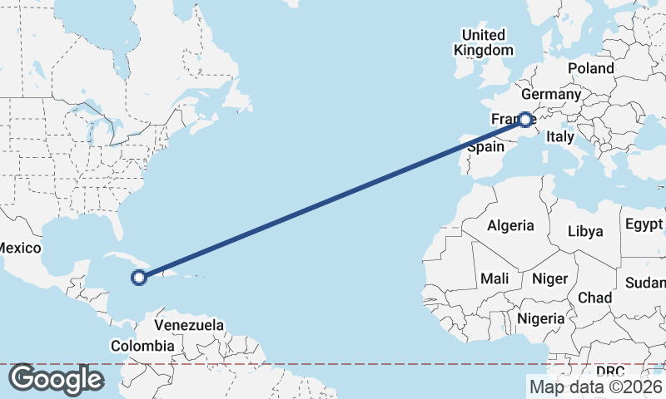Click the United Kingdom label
point(483,42)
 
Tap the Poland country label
point(590,68)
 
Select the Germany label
point(551,95)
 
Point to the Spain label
point(485,147)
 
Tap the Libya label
point(586,231)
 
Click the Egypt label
point(644,224)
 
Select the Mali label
point(495,278)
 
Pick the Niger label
point(549,278)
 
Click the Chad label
point(594,298)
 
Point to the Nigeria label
point(541,318)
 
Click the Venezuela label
point(190,324)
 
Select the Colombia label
point(142,346)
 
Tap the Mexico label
point(18,248)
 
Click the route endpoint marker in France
point(525,120)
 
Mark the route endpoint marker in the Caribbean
point(139,278)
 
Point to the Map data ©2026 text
point(595,387)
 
